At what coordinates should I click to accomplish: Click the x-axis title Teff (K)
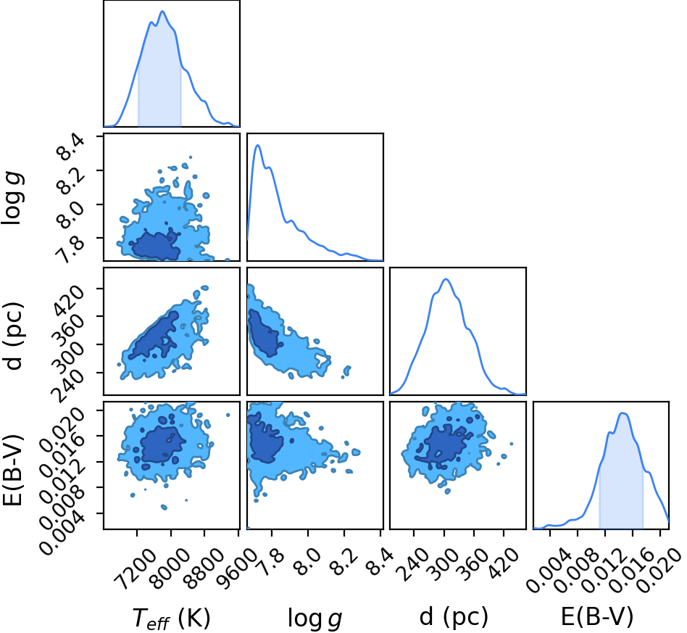click(x=171, y=618)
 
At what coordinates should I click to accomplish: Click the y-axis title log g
click(x=12, y=199)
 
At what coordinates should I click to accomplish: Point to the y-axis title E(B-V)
click(x=12, y=470)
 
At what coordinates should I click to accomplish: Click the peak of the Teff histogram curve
click(x=162, y=12)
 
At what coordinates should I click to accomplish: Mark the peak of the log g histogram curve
click(x=258, y=145)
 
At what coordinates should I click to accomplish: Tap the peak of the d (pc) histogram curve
click(x=446, y=279)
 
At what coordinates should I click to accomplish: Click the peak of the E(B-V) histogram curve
click(x=623, y=413)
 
